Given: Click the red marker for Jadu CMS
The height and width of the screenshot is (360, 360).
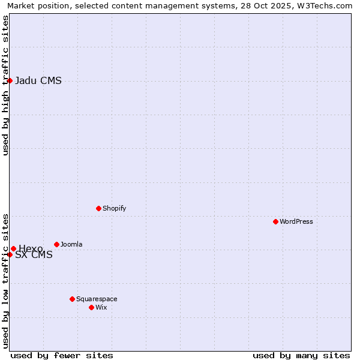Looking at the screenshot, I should pyautogui.click(x=10, y=80).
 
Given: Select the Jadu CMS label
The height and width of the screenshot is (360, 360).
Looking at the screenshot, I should pyautogui.click(x=38, y=81).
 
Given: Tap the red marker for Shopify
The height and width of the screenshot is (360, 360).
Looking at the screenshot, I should pyautogui.click(x=98, y=208).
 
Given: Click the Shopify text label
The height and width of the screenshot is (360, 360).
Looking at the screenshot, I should pyautogui.click(x=114, y=208).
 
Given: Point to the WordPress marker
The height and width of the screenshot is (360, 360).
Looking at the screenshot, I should pyautogui.click(x=275, y=221).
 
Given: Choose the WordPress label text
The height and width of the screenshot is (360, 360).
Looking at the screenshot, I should pyautogui.click(x=296, y=221).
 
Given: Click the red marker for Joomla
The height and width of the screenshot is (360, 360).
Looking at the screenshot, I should pyautogui.click(x=56, y=244).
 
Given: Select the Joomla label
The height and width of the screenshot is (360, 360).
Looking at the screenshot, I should pyautogui.click(x=71, y=244).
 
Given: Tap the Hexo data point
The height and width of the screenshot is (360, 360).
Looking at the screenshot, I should pyautogui.click(x=13, y=248).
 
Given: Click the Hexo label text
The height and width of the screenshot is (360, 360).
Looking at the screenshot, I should pyautogui.click(x=31, y=248).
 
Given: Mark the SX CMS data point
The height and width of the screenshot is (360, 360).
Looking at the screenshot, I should pyautogui.click(x=10, y=254).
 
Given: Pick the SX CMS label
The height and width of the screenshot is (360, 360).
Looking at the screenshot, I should pyautogui.click(x=34, y=255).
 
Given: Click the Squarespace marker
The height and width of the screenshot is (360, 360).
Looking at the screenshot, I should pyautogui.click(x=72, y=299).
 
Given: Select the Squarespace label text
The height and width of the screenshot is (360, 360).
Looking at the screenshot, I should pyautogui.click(x=97, y=299).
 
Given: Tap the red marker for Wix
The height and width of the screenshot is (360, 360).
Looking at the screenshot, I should pyautogui.click(x=91, y=307).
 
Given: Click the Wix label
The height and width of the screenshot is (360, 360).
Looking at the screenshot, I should pyautogui.click(x=101, y=307).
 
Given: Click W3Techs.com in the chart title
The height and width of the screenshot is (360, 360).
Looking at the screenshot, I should pyautogui.click(x=326, y=6).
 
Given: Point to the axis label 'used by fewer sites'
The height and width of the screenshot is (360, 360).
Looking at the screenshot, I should pyautogui.click(x=62, y=355).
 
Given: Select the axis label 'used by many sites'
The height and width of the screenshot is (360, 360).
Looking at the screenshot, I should pyautogui.click(x=301, y=355).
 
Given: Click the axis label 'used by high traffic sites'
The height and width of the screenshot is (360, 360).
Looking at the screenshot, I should pyautogui.click(x=6, y=85).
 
